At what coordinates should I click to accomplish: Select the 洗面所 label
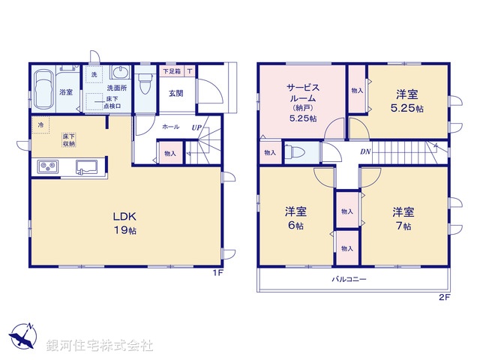coord(116,88)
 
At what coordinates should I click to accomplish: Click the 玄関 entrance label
coord(175,93)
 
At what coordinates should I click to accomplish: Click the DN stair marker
coord(365,152)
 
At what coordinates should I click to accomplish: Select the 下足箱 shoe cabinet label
coord(171,72)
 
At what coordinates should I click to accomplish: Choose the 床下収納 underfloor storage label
coord(67,139)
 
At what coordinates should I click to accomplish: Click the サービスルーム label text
coord(303,92)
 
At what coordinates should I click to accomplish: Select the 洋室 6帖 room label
coord(294,217)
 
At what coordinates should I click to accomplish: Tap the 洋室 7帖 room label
coord(398,217)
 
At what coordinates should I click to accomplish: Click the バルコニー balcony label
coord(349,278)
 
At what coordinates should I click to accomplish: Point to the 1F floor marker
coord(217,273)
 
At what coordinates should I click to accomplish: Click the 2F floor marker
coord(444,298)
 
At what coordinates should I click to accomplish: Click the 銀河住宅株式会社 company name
coord(100,346)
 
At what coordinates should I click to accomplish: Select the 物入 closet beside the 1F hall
coord(170,154)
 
